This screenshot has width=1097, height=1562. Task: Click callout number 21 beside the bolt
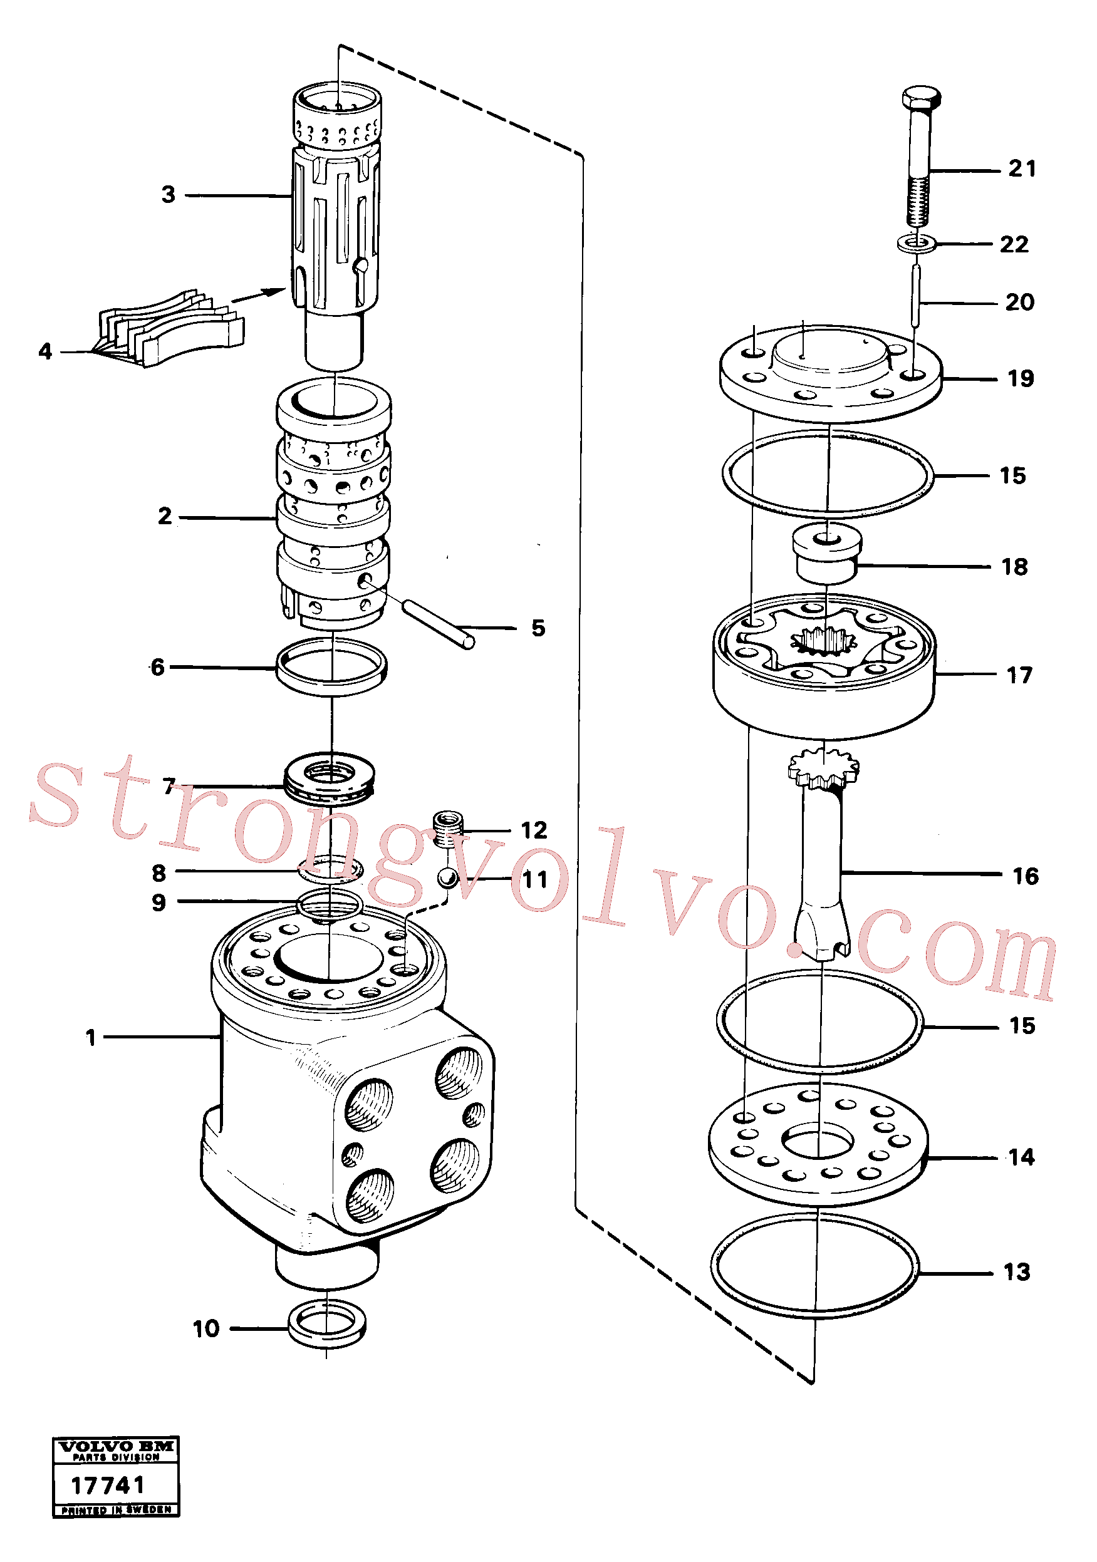pyautogui.click(x=1022, y=168)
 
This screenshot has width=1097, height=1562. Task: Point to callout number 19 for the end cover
pyautogui.click(x=1020, y=378)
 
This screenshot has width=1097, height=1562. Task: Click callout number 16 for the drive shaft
pyautogui.click(x=1026, y=876)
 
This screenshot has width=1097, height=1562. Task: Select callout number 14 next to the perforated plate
pyautogui.click(x=1021, y=1157)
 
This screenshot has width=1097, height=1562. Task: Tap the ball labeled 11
pyautogui.click(x=447, y=877)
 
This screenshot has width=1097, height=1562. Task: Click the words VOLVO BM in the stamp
pyautogui.click(x=117, y=1446)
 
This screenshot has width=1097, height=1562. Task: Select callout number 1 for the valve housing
pyautogui.click(x=90, y=1038)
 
